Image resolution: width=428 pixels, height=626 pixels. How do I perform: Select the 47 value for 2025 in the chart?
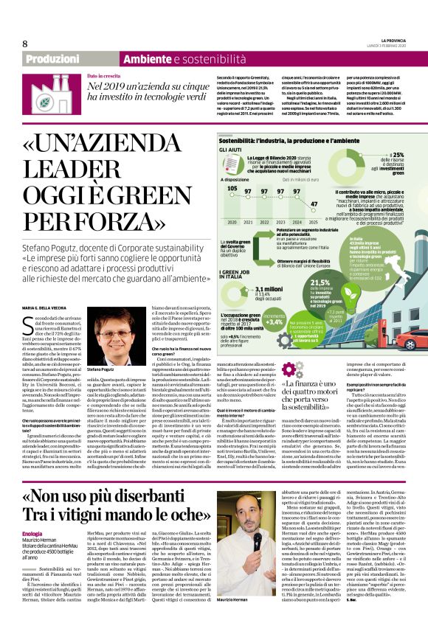click(314, 204)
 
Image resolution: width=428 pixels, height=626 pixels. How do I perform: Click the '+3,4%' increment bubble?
click(274, 321)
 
